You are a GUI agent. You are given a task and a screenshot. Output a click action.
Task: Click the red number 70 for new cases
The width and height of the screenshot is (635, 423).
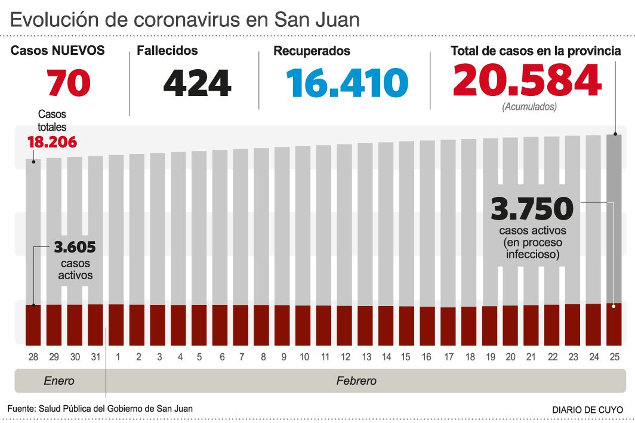(x=69, y=83)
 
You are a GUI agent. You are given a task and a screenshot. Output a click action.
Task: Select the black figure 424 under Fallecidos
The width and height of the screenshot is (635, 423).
(x=197, y=83)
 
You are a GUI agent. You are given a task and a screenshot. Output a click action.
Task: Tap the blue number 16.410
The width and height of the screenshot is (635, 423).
(x=347, y=83)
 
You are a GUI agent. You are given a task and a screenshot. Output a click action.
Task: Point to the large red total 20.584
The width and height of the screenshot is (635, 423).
(x=527, y=81)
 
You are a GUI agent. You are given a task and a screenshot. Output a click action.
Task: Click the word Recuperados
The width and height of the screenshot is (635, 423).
(x=312, y=51)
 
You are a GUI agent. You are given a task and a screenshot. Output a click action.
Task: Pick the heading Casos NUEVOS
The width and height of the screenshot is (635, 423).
(x=58, y=51)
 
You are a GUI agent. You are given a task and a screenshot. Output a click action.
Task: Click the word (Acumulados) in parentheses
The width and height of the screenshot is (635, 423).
(x=529, y=107)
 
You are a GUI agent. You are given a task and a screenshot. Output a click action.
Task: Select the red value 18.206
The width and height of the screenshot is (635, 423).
(x=52, y=143)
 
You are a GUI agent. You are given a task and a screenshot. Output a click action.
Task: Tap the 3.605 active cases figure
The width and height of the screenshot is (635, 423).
(x=75, y=247)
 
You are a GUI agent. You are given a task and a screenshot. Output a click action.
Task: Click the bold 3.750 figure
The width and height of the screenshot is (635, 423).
(x=532, y=209)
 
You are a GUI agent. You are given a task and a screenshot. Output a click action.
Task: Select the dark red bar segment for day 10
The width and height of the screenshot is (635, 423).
(x=303, y=325)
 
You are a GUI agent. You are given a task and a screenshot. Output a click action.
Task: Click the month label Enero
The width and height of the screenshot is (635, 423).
(x=60, y=381)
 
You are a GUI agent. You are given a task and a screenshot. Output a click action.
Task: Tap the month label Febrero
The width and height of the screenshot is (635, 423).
(x=356, y=381)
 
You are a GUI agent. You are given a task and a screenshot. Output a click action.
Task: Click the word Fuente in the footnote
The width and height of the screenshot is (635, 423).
(x=21, y=409)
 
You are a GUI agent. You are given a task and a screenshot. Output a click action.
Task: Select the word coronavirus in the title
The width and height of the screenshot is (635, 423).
(x=189, y=20)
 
